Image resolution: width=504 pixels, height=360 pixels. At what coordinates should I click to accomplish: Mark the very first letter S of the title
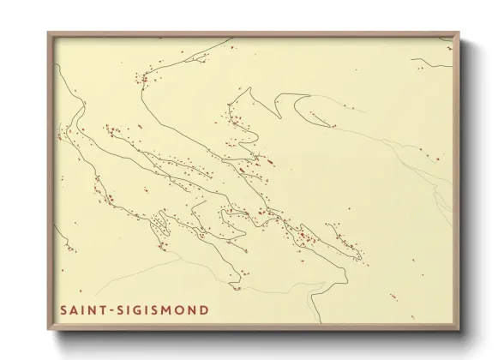pyautogui.click(x=64, y=309)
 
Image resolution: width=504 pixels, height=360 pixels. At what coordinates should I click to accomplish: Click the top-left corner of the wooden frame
pyautogui.click(x=49, y=33)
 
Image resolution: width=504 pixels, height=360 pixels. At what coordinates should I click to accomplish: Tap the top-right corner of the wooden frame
pyautogui.click(x=459, y=33)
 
